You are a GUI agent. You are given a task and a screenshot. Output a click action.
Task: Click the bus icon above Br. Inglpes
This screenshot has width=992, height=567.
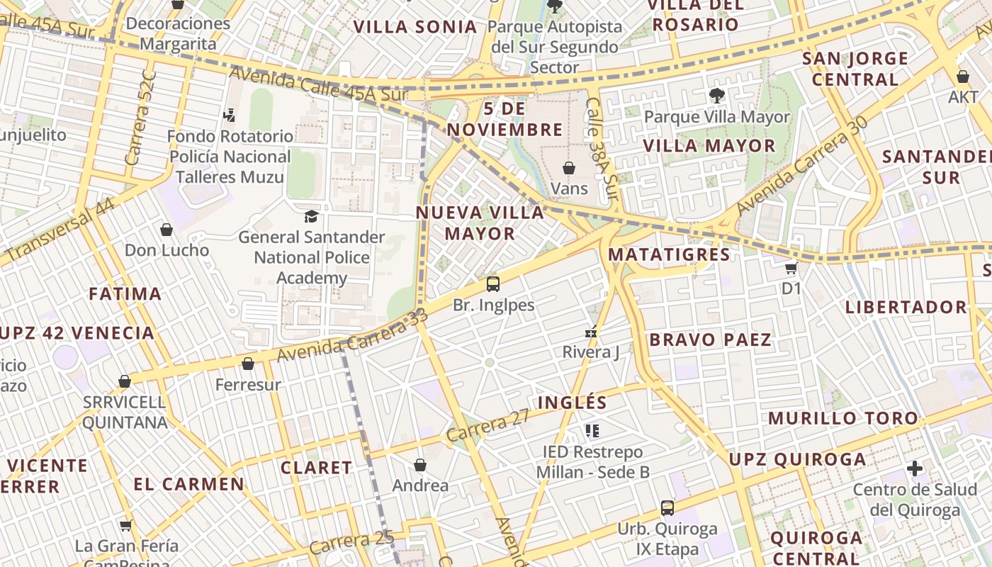click(x=493, y=284)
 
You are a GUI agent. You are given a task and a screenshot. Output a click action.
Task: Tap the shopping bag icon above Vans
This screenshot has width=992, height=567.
click(x=569, y=168)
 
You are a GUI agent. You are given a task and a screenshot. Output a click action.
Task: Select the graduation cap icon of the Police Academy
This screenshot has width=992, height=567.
click(x=311, y=216)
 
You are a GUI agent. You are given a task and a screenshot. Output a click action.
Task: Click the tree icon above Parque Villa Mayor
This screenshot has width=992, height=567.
click(x=716, y=95)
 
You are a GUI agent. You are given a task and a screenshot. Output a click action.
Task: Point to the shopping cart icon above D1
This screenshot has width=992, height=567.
click(x=791, y=268)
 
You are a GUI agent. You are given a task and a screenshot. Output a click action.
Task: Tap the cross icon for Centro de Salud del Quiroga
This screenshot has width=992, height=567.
click(x=915, y=468)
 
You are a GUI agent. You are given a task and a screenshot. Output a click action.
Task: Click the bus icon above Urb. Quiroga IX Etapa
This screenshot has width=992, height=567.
click(x=667, y=507)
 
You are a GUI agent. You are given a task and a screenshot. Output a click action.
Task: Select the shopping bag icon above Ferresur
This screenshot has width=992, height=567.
click(x=248, y=364)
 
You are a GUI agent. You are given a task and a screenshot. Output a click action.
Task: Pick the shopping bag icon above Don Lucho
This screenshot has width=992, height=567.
click(x=167, y=230)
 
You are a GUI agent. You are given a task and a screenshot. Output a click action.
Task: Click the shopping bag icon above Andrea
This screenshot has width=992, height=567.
click(x=420, y=465)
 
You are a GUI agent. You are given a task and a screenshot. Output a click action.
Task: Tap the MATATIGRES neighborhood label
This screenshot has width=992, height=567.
click(x=669, y=254)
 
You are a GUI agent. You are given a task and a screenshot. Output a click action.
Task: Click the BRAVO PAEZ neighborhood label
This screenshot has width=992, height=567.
click(x=710, y=339)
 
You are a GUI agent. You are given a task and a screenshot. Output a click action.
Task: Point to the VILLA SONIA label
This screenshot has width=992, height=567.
click(x=415, y=27)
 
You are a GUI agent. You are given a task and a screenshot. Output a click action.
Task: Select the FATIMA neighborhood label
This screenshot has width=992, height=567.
click(x=125, y=293)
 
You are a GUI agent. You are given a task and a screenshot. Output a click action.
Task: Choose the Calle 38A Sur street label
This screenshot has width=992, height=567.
click(x=602, y=148)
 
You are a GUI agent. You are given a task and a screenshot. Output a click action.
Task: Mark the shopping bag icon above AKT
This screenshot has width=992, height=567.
click(x=963, y=77)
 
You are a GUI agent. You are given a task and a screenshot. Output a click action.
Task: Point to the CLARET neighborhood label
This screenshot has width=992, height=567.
click(x=316, y=468)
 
